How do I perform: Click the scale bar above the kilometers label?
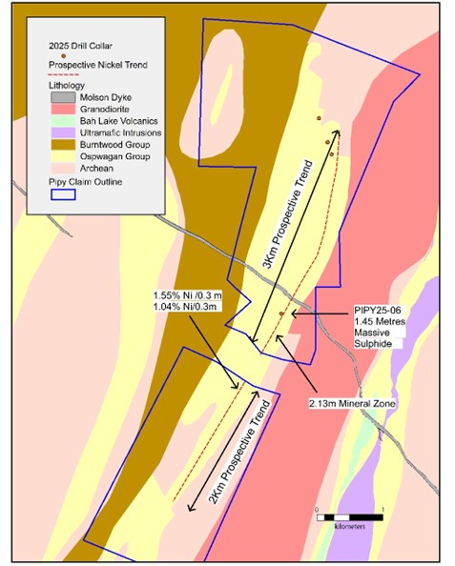pos(348,515)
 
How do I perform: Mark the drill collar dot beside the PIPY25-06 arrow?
pos(281,313)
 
